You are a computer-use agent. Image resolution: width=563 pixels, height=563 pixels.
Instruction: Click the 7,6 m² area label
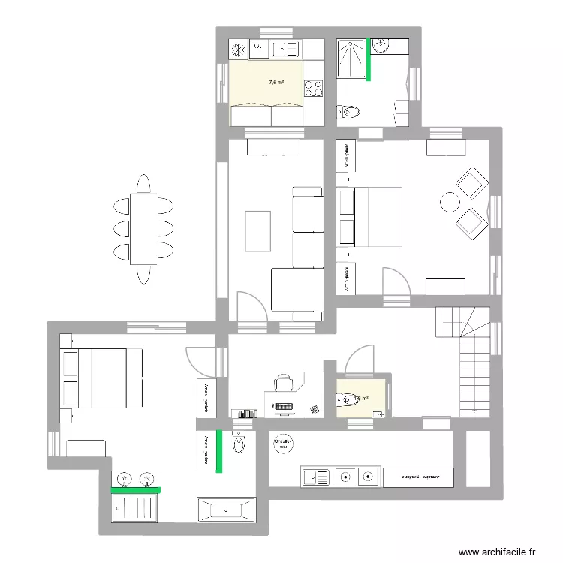pyautogui.click(x=275, y=83)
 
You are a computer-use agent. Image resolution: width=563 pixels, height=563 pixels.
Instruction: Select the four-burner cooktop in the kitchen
pyautogui.click(x=313, y=89)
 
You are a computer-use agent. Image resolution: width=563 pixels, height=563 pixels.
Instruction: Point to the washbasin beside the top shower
pyautogui.click(x=380, y=47)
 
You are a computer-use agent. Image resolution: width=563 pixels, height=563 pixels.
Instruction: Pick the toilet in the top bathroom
pyautogui.click(x=349, y=113)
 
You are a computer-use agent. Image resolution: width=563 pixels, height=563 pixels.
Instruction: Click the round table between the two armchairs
pyautogui.click(x=450, y=202)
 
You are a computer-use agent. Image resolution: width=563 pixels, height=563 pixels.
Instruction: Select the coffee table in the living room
pyautogui.click(x=257, y=231)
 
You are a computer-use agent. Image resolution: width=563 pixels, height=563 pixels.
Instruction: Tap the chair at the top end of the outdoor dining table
pyautogui.click(x=144, y=184)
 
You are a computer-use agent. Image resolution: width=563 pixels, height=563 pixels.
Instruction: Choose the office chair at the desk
pyautogui.click(x=284, y=383)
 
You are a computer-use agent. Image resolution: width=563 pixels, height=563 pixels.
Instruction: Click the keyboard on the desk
pyautogui.click(x=283, y=406)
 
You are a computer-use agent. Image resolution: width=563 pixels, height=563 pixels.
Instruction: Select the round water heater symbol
pyautogui.click(x=284, y=444)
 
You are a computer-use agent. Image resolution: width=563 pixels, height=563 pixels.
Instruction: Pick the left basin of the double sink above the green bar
pyautogui.click(x=125, y=478)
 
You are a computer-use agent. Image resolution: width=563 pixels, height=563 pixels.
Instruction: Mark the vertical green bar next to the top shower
pyautogui.click(x=369, y=59)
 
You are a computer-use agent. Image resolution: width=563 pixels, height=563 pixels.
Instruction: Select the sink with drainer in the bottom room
pyautogui.click(x=316, y=476)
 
